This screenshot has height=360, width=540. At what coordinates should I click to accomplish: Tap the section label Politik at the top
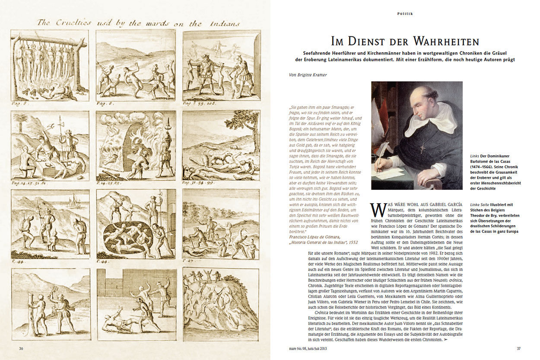coord(405,14)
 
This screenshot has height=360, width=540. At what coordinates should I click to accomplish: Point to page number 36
coord(21,348)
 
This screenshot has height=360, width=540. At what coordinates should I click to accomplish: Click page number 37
coord(519,348)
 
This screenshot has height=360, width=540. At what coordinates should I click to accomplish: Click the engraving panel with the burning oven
coord(136,145)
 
